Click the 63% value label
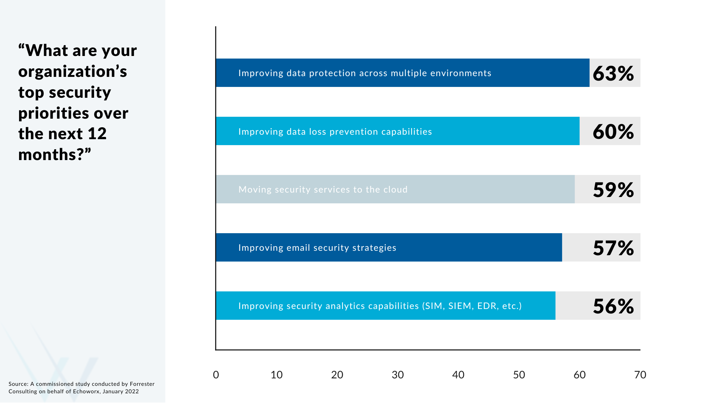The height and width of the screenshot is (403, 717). [613, 73]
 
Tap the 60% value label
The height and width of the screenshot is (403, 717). [613, 131]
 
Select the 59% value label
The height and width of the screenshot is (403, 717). [613, 190]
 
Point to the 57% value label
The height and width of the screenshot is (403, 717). [613, 248]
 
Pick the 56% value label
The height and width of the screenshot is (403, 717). [613, 306]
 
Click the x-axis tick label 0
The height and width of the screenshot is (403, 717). [216, 375]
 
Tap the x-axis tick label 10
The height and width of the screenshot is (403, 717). [276, 375]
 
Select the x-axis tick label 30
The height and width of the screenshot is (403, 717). [398, 375]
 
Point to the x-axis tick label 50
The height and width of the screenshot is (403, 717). [519, 375]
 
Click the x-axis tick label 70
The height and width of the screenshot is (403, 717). [640, 375]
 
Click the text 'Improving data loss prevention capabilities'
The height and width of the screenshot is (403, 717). [335, 132]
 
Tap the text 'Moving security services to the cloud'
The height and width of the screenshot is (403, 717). [323, 190]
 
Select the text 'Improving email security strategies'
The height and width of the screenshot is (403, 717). [317, 248]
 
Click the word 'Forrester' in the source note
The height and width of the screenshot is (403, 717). [142, 384]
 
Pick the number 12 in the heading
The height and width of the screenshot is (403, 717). [97, 134]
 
